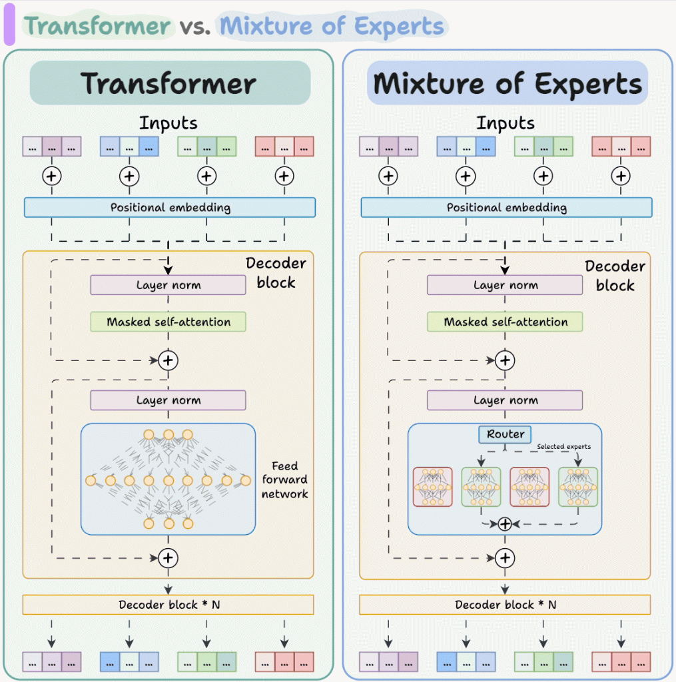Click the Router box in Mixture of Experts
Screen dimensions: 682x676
pyautogui.click(x=505, y=434)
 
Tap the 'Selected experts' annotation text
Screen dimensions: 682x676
pyautogui.click(x=563, y=446)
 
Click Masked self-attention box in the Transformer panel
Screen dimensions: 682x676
pyautogui.click(x=169, y=322)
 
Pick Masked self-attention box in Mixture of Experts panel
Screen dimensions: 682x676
pyautogui.click(x=505, y=322)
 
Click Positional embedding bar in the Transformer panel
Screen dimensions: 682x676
pyautogui.click(x=170, y=207)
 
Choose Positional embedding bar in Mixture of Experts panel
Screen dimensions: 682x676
pyautogui.click(x=506, y=207)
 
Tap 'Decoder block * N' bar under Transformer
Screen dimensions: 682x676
pyautogui.click(x=168, y=605)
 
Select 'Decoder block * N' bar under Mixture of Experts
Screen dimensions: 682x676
pyautogui.click(x=505, y=605)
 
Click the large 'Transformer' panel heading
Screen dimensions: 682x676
pyautogui.click(x=169, y=84)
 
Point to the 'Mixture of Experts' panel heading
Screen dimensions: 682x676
pyautogui.click(x=507, y=84)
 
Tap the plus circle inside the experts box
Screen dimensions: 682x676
pyautogui.click(x=505, y=523)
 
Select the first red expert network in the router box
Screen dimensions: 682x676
pyautogui.click(x=432, y=487)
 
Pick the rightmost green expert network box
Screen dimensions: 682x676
pyautogui.click(x=578, y=487)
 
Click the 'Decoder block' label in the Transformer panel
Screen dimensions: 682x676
pyautogui.click(x=276, y=272)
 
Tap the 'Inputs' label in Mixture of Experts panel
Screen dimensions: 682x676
pyautogui.click(x=505, y=123)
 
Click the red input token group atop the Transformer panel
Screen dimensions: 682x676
pyautogui.click(x=284, y=147)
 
